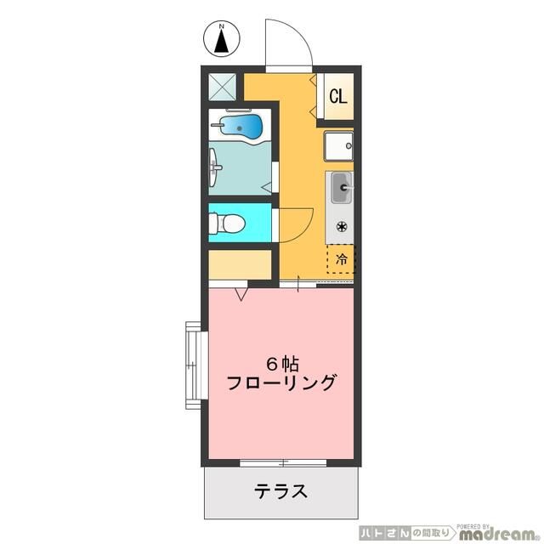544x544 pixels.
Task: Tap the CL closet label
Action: [x=338, y=96]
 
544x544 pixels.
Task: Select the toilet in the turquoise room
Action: [x=229, y=224]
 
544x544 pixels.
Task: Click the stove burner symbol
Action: [x=341, y=226]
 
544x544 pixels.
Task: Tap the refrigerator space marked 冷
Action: [x=341, y=259]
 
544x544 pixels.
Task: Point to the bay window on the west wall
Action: [x=193, y=365]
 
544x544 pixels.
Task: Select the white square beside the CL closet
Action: [x=338, y=147]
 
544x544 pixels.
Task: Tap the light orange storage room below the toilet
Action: [x=240, y=264]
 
